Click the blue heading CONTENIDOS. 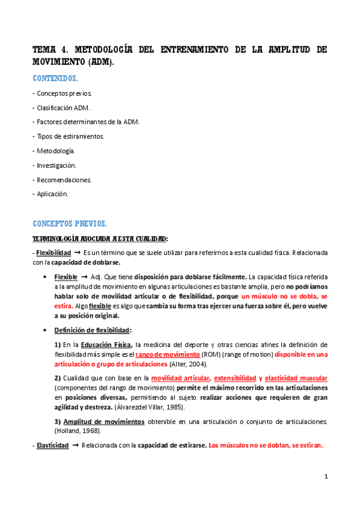point(55,78)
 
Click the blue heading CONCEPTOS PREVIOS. point(70,224)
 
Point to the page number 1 point(326,477)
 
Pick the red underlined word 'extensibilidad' point(236,378)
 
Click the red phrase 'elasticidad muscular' point(296,378)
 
